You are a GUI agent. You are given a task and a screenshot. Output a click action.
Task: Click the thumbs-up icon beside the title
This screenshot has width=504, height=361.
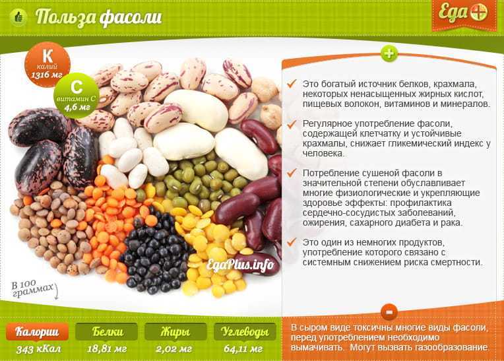[18, 16]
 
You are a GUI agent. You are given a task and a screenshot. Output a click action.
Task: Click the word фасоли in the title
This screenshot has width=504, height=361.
[130, 17]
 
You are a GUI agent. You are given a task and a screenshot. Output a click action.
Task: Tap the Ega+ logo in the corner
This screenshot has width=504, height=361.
[464, 14]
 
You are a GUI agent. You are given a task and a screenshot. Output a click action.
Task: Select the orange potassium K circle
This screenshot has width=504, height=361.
[47, 64]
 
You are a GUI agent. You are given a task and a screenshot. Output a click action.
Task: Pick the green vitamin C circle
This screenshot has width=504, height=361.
[77, 96]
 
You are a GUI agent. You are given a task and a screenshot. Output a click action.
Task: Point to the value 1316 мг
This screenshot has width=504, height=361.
[47, 75]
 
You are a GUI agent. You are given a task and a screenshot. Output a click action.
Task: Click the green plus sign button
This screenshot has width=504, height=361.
[389, 53]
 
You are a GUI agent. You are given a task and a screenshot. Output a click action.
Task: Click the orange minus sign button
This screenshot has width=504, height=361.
[389, 312]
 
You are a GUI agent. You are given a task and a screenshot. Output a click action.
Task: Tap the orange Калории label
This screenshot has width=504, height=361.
[38, 332]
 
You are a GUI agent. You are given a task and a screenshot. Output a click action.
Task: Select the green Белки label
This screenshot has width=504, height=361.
[107, 332]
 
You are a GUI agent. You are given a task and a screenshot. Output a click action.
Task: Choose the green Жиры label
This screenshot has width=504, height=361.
[175, 332]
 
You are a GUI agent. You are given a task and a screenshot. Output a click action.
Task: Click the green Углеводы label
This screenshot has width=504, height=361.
[245, 332]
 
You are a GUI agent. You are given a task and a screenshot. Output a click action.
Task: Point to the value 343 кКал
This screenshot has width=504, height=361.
[38, 349]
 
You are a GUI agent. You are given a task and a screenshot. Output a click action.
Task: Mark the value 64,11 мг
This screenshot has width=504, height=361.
[243, 349]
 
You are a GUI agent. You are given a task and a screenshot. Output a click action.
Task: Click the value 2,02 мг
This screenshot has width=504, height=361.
[174, 349]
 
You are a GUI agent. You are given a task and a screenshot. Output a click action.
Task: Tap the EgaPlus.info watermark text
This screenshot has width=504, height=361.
[240, 265]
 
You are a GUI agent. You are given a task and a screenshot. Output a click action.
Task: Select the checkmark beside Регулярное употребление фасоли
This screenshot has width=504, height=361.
[292, 125]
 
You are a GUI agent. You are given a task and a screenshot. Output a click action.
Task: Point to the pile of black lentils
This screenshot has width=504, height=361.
[154, 252]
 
